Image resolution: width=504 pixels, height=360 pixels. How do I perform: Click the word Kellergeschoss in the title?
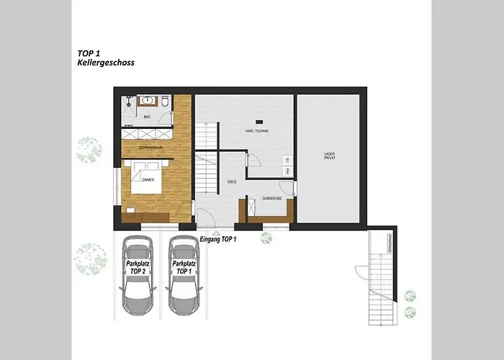[x=106, y=63]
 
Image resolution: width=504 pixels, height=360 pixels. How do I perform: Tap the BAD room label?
[x=147, y=116]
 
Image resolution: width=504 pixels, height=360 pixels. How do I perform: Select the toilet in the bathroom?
[x=165, y=102]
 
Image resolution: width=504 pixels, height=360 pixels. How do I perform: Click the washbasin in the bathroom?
[x=148, y=100]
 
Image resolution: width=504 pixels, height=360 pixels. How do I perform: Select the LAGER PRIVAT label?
[x=330, y=157]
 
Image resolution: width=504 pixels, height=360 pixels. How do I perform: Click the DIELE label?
[x=232, y=182]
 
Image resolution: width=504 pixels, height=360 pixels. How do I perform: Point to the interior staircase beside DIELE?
[x=207, y=172]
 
